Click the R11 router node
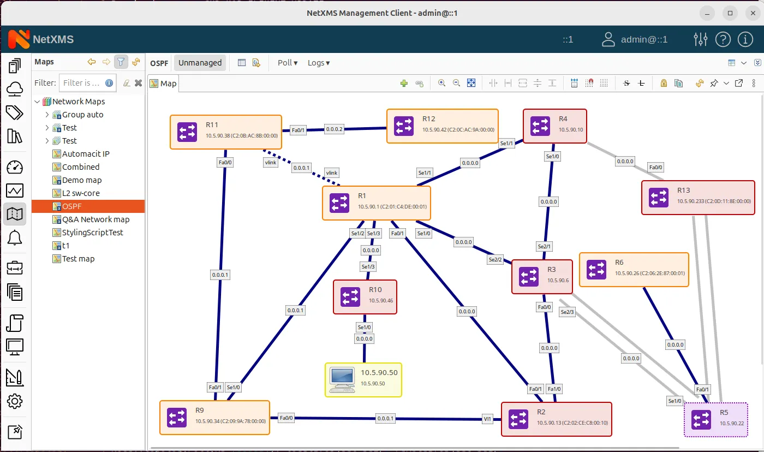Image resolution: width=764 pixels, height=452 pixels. (x=225, y=132)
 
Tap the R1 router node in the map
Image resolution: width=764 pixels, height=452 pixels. (x=376, y=203)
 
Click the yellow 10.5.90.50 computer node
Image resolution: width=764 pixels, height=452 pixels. (x=363, y=379)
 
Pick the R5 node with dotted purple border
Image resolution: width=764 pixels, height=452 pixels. (x=715, y=420)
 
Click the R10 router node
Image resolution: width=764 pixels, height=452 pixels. (x=365, y=297)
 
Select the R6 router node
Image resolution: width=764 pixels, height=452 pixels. (x=633, y=270)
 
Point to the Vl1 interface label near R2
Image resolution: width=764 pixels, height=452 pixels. (x=488, y=419)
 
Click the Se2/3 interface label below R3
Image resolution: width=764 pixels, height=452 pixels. (x=567, y=312)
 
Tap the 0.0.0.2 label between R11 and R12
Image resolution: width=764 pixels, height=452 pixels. (x=334, y=129)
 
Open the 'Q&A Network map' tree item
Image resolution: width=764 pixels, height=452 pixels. (x=95, y=219)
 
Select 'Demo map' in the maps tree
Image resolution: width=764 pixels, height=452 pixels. (x=82, y=180)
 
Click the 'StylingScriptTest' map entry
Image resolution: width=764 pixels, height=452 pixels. (x=93, y=233)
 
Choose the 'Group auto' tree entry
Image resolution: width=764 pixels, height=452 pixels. (x=82, y=115)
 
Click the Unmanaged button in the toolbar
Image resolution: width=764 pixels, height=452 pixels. (x=200, y=63)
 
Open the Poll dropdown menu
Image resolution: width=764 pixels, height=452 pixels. (x=288, y=63)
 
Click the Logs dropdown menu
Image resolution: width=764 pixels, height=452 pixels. (x=319, y=63)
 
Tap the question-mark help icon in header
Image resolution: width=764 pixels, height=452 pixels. (x=723, y=39)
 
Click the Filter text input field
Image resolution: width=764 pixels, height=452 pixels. (x=81, y=83)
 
